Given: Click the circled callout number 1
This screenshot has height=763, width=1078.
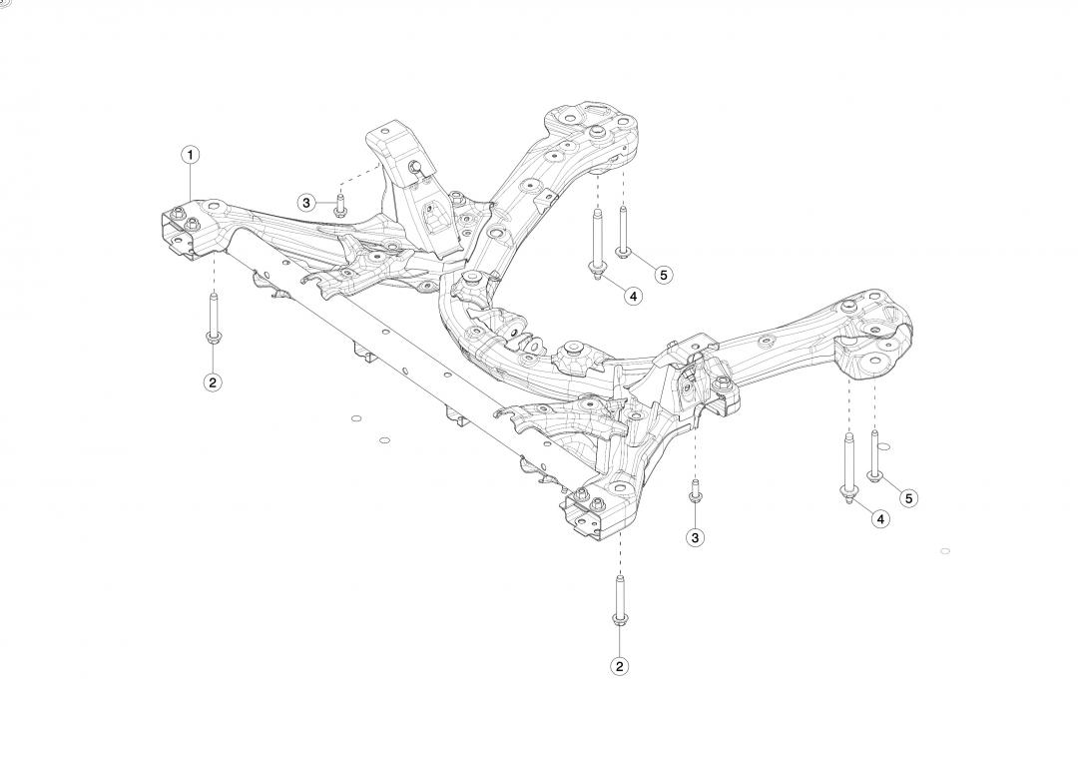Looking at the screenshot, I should coord(190,155).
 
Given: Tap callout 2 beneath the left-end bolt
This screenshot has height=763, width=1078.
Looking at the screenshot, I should coord(213,381).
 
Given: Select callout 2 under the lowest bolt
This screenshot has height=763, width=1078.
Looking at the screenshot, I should coord(620,666).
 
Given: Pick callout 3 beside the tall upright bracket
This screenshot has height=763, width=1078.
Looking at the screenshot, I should coord(306,203).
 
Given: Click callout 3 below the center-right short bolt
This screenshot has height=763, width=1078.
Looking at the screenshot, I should coord(696,537).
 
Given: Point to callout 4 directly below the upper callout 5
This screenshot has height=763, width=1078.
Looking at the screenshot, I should coord(632,296).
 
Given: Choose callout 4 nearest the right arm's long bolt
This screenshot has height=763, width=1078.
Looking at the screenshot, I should coord(880,518).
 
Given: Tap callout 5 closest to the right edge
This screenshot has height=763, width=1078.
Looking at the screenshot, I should coord(907,497).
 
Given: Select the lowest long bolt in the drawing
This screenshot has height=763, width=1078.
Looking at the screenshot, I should coord(620,604).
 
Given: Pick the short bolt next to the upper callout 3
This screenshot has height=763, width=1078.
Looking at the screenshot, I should coord(339,206).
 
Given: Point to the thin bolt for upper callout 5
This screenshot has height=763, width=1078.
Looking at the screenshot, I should coord(623,232).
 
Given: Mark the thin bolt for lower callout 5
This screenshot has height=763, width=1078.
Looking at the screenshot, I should coord(874,454).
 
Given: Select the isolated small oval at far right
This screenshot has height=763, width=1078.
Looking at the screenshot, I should coord(945,551).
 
